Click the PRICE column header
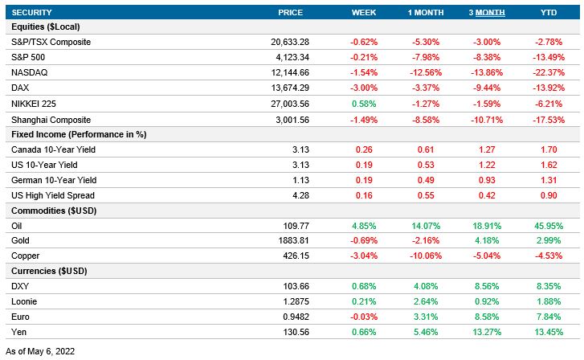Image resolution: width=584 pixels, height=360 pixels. [290, 12]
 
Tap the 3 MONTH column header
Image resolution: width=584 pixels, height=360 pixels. [487, 12]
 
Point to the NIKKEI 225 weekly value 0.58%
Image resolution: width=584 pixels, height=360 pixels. [363, 103]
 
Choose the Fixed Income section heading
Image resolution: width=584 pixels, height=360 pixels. [78, 133]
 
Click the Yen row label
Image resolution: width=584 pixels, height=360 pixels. [19, 333]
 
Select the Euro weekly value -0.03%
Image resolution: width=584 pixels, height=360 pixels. [363, 318]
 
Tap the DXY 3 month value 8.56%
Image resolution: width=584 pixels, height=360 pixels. [487, 288]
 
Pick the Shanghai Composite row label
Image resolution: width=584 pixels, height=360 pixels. [50, 118]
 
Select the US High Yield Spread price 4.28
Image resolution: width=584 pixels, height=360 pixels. [295, 195]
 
